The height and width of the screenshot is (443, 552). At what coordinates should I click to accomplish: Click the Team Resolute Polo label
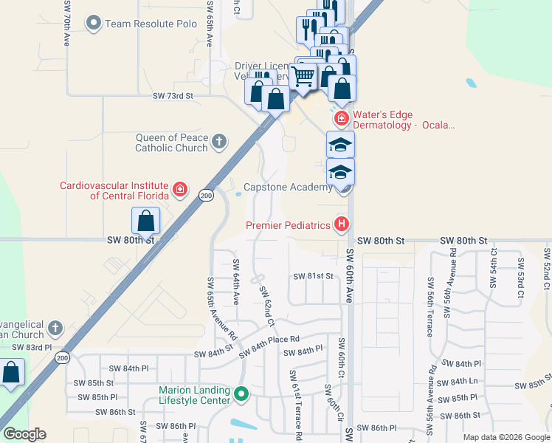click(x=151, y=24)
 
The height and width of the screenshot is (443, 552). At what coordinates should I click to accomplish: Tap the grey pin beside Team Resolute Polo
click(x=94, y=24)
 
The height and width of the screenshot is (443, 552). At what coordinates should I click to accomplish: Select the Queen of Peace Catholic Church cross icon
click(x=218, y=142)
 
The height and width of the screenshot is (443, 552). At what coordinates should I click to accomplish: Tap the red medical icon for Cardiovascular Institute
click(x=179, y=190)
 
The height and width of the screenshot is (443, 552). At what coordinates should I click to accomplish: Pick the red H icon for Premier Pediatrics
click(x=341, y=224)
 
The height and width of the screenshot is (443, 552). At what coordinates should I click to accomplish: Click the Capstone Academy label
click(x=288, y=188)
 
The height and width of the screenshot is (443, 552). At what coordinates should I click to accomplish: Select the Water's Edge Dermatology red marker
click(x=341, y=118)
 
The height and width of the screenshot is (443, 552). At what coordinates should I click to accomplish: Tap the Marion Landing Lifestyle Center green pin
click(x=241, y=395)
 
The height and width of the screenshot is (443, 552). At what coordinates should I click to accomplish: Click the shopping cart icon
click(x=303, y=75)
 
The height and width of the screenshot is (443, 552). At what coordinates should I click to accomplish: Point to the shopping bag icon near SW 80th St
click(x=146, y=221)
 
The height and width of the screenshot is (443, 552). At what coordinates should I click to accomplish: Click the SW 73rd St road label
click(x=173, y=96)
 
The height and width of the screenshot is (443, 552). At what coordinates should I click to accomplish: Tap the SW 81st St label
click(x=314, y=276)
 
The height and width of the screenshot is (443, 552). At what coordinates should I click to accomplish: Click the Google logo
click(x=24, y=434)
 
